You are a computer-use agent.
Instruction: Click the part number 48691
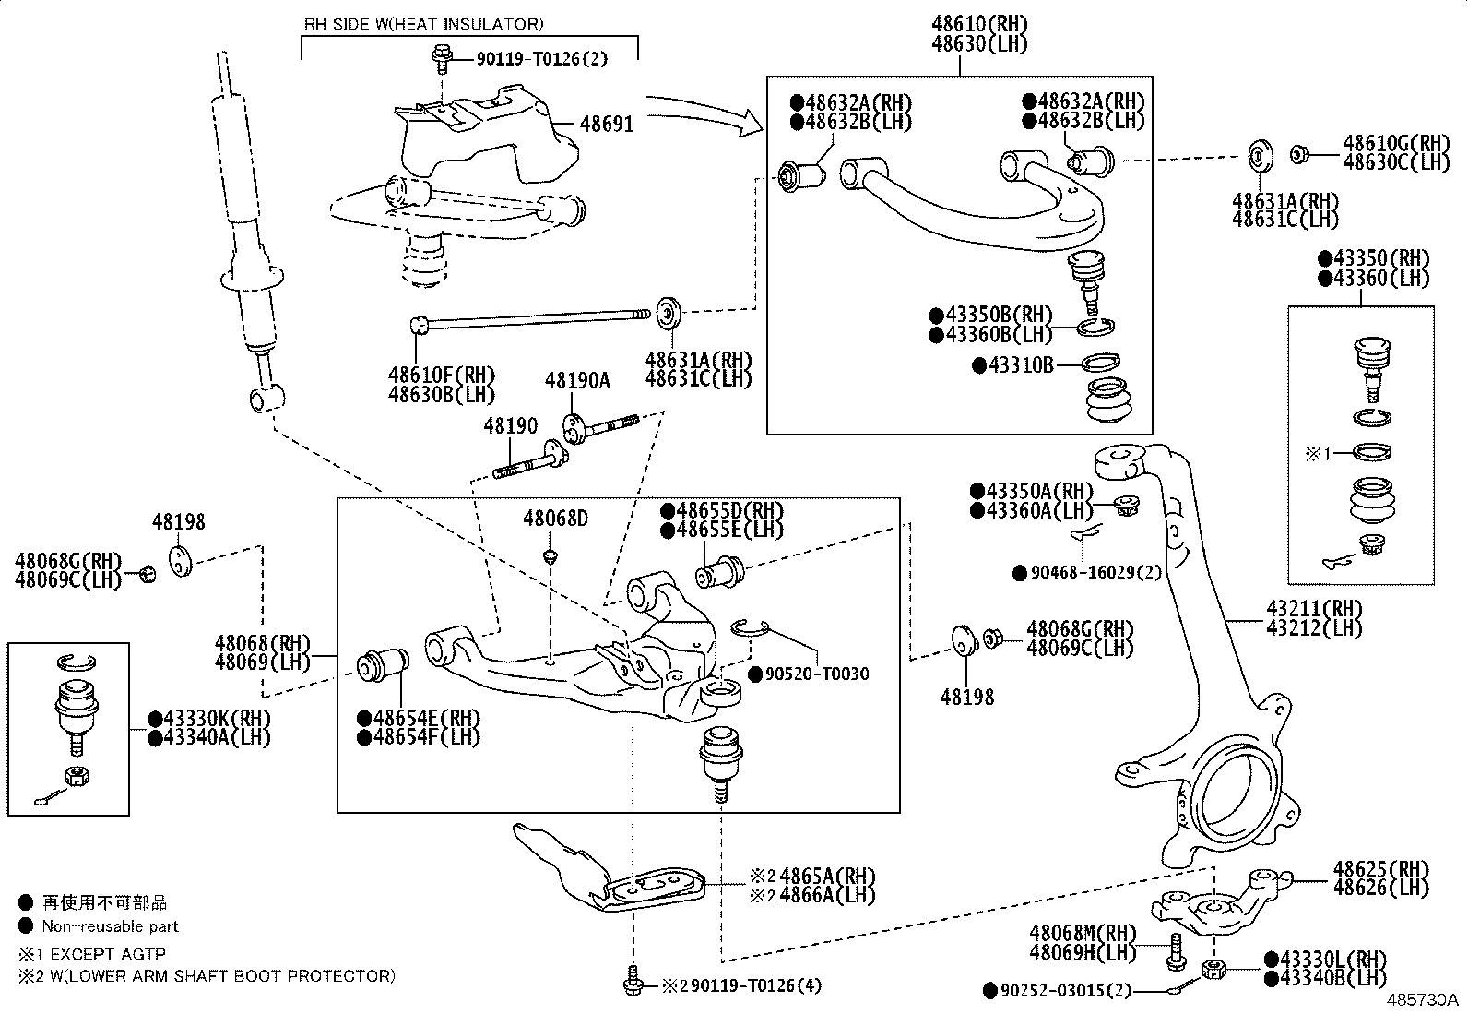pyautogui.click(x=607, y=123)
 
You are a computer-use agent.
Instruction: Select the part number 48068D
pyautogui.click(x=555, y=519)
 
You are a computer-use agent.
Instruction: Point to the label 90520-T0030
pyautogui.click(x=815, y=674)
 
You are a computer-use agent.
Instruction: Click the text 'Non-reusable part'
pyautogui.click(x=110, y=926)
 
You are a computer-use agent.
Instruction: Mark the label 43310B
pyautogui.click(x=1020, y=365)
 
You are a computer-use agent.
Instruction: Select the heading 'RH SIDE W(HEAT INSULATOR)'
pyautogui.click(x=423, y=24)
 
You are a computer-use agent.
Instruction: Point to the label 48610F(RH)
pyautogui.click(x=441, y=376)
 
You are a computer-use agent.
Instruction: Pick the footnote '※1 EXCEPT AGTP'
pyautogui.click(x=91, y=955)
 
